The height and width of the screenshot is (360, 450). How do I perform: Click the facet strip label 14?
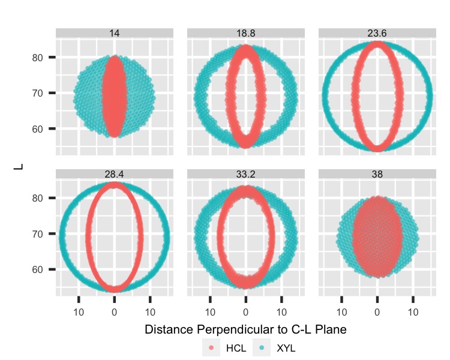115,34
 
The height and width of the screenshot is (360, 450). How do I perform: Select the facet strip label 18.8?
246,34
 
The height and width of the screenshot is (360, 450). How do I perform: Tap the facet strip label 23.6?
377,34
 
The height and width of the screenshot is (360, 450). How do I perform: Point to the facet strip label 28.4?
115,175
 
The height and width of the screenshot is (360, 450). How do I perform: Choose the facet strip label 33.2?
246,175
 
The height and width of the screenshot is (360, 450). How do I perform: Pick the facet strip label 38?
377,175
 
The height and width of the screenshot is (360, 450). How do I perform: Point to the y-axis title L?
17,163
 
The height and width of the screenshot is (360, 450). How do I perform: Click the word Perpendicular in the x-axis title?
237,329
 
